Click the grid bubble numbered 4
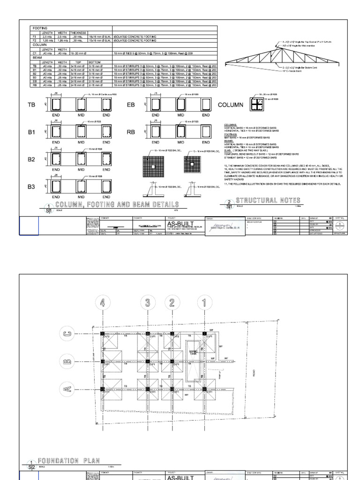[102, 302]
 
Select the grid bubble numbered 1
[204, 302]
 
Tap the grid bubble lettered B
[67, 361]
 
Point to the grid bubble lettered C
[67, 334]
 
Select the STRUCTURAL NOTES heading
[268, 201]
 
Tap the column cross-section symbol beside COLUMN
[256, 105]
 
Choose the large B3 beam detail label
[31, 187]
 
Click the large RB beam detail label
[131, 132]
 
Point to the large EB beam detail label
[131, 105]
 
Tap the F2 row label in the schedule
[34, 40]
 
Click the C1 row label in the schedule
[34, 53]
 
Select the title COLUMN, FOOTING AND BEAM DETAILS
[117, 204]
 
